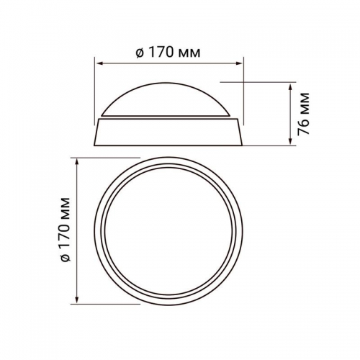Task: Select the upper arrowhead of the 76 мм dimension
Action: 289,86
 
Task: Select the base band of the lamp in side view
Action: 170,130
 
